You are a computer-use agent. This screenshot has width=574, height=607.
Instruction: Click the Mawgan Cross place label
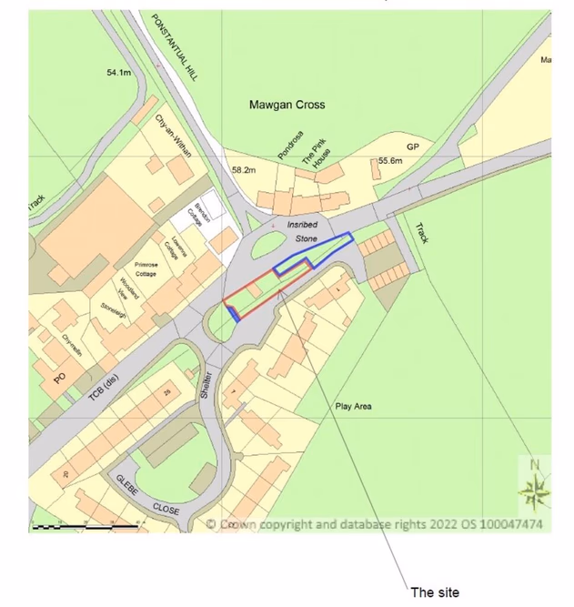coord(287,105)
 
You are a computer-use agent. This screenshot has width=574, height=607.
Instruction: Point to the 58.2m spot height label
coord(244,170)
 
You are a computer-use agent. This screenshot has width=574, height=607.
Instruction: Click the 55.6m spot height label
coord(389,161)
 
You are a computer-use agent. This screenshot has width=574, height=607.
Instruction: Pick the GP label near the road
coord(412,147)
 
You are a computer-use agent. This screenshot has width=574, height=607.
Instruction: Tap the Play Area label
coord(353,407)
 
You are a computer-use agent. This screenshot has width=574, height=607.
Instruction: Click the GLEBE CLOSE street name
coord(148,497)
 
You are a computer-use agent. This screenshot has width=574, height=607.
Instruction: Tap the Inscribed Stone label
coord(300,229)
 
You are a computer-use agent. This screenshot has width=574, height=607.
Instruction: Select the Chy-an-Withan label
coord(174,137)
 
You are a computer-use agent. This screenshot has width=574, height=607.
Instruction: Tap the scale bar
coord(85,526)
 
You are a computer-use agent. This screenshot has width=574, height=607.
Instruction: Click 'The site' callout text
coord(435,592)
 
